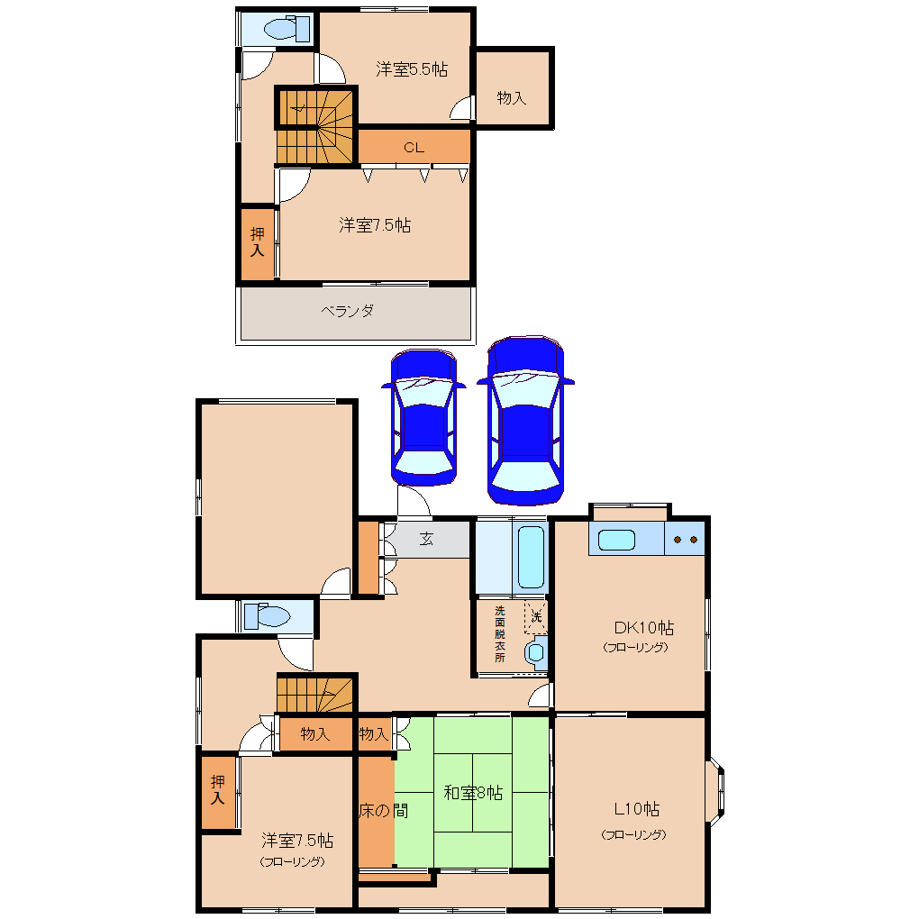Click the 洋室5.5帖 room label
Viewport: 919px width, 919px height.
(x=412, y=69)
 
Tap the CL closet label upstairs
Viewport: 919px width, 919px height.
(x=414, y=147)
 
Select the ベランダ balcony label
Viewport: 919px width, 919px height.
(x=348, y=311)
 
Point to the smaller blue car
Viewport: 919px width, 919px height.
(x=423, y=417)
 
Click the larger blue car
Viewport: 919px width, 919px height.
(x=526, y=420)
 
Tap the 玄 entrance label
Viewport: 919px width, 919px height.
(x=426, y=539)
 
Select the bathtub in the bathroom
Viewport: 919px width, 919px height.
(x=531, y=557)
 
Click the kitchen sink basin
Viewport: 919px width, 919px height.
(x=616, y=540)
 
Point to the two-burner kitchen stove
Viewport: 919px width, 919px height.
(x=685, y=539)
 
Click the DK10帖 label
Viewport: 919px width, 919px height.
(x=643, y=628)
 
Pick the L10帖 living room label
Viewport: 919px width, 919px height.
(x=636, y=809)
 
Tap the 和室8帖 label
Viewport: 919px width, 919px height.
(x=473, y=793)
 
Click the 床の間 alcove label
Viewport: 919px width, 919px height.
(x=383, y=811)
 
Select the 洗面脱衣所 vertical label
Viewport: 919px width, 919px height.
(x=499, y=634)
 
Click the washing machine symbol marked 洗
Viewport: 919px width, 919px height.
(x=536, y=617)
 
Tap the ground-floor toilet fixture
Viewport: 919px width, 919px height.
(x=268, y=616)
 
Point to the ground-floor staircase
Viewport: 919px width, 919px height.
(x=316, y=695)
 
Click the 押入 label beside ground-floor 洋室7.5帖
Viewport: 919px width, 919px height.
(x=218, y=789)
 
